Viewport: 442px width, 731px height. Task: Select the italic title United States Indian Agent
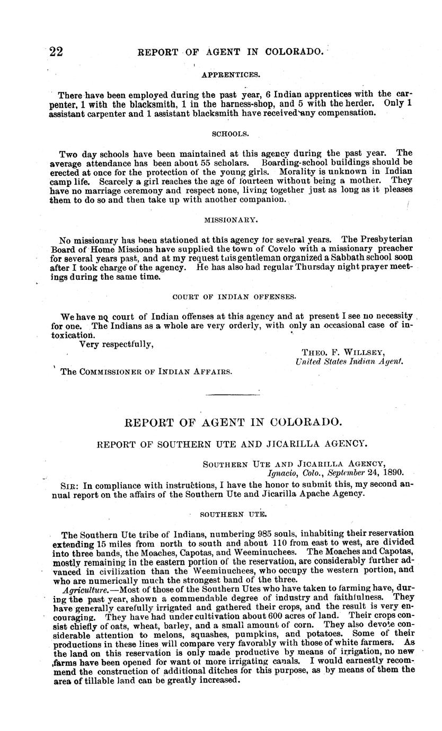pos(349,362)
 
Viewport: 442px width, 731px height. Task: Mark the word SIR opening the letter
pos(69,484)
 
